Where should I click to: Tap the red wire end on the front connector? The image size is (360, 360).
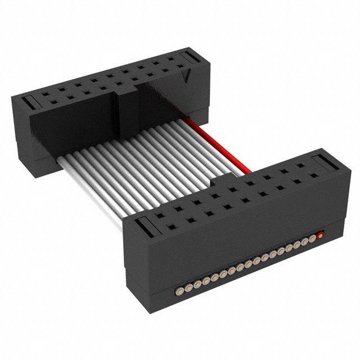321,236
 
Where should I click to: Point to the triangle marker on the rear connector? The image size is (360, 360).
186,76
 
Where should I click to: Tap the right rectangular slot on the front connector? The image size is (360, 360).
327,163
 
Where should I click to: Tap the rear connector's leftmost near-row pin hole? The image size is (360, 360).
43,98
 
